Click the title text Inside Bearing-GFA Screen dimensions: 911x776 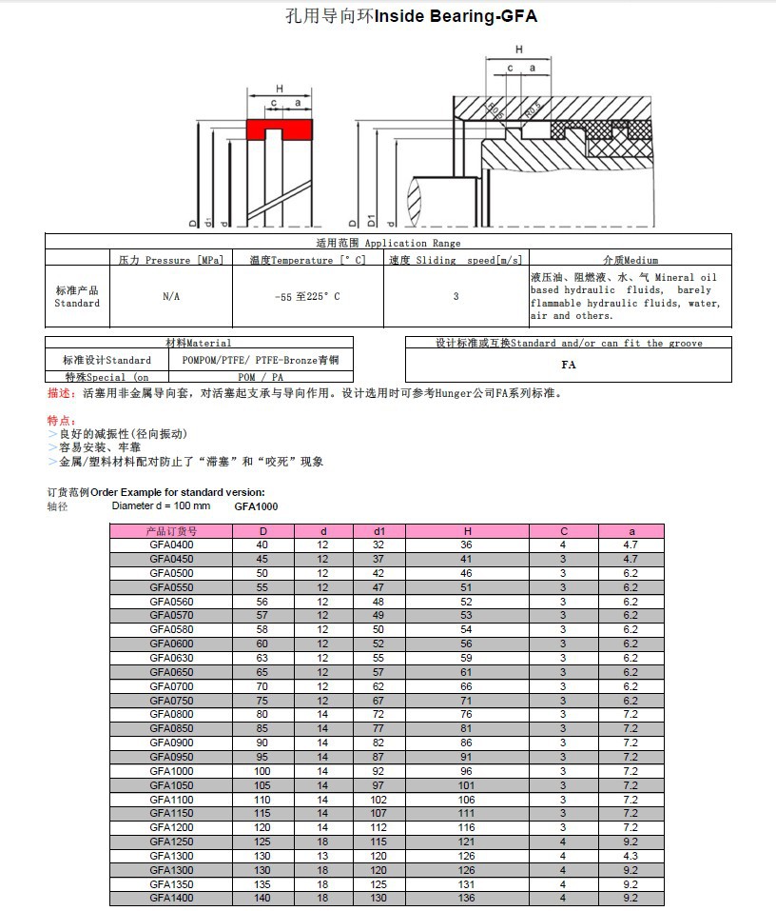point(456,16)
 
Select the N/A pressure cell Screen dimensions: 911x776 point(171,297)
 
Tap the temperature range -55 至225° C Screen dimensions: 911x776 point(307,297)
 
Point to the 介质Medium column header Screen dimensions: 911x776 point(630,260)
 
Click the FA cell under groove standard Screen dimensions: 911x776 point(569,365)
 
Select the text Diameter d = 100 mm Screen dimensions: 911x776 point(161,505)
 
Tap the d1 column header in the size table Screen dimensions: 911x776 point(379,530)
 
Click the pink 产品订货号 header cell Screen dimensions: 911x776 point(171,530)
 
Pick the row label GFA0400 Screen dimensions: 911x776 point(171,545)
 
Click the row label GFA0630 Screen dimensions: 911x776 point(171,657)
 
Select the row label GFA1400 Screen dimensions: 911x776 point(171,898)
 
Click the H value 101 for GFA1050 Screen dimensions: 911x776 point(466,785)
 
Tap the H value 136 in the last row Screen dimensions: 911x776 point(466,898)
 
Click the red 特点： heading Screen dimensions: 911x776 point(61,421)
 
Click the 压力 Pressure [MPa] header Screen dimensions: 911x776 point(171,260)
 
